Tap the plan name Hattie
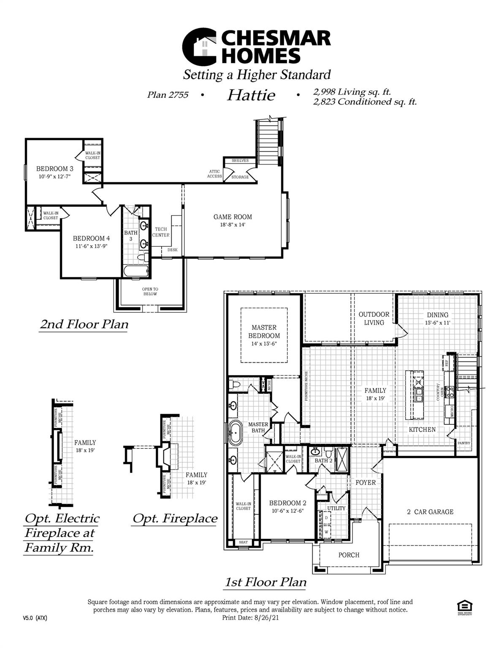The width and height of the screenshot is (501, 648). pyautogui.click(x=251, y=95)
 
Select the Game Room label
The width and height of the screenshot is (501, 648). pyautogui.click(x=233, y=217)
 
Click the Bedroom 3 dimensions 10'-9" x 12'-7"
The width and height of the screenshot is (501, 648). pyautogui.click(x=54, y=177)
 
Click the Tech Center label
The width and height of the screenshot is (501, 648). pyautogui.click(x=161, y=232)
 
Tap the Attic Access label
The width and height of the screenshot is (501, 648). pyautogui.click(x=214, y=174)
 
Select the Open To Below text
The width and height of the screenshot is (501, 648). pyautogui.click(x=150, y=292)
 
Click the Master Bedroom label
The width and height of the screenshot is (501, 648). pyautogui.click(x=264, y=332)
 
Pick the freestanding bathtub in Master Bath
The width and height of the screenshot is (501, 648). pyautogui.click(x=235, y=432)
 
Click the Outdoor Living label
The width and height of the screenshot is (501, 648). pyautogui.click(x=374, y=319)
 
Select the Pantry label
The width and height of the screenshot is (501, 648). pyautogui.click(x=464, y=443)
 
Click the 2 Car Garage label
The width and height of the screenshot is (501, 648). pyautogui.click(x=430, y=512)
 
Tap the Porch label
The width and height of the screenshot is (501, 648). pyautogui.click(x=349, y=555)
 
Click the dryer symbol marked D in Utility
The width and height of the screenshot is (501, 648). pyautogui.click(x=326, y=518)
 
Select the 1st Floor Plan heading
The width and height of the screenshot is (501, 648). pyautogui.click(x=265, y=582)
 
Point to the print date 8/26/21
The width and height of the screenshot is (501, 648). pyautogui.click(x=266, y=618)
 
